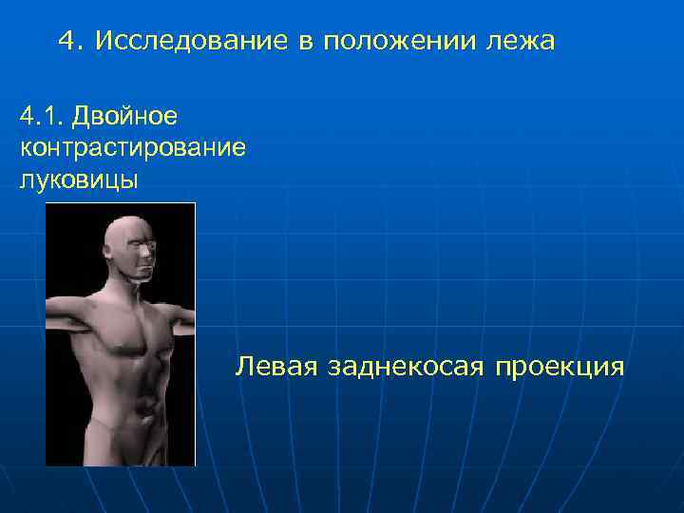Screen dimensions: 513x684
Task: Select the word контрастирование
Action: [x=132, y=148]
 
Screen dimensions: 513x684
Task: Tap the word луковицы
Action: [x=78, y=180]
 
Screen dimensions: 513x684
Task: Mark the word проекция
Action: [x=559, y=366]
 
